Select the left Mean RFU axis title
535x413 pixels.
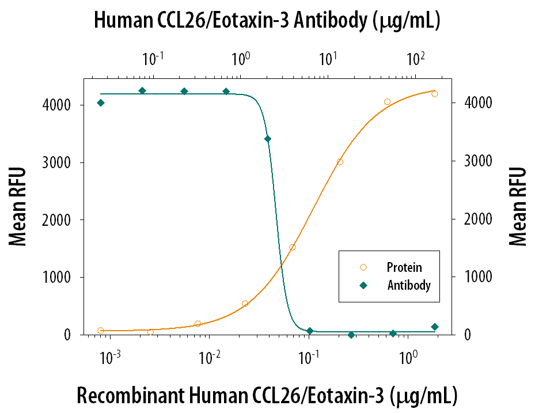[x=18, y=207]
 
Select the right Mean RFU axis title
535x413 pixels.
[x=518, y=207]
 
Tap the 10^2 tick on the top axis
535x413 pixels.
[x=415, y=59]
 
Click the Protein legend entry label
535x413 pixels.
[x=404, y=267]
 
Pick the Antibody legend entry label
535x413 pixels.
[x=408, y=285]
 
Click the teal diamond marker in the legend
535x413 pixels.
[x=363, y=285]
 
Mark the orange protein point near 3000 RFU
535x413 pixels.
[x=340, y=162]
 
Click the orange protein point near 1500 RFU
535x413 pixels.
[x=293, y=247]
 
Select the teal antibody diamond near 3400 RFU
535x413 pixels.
[x=267, y=139]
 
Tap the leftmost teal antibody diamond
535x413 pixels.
[x=101, y=103]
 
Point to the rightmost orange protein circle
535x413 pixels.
[x=434, y=94]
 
